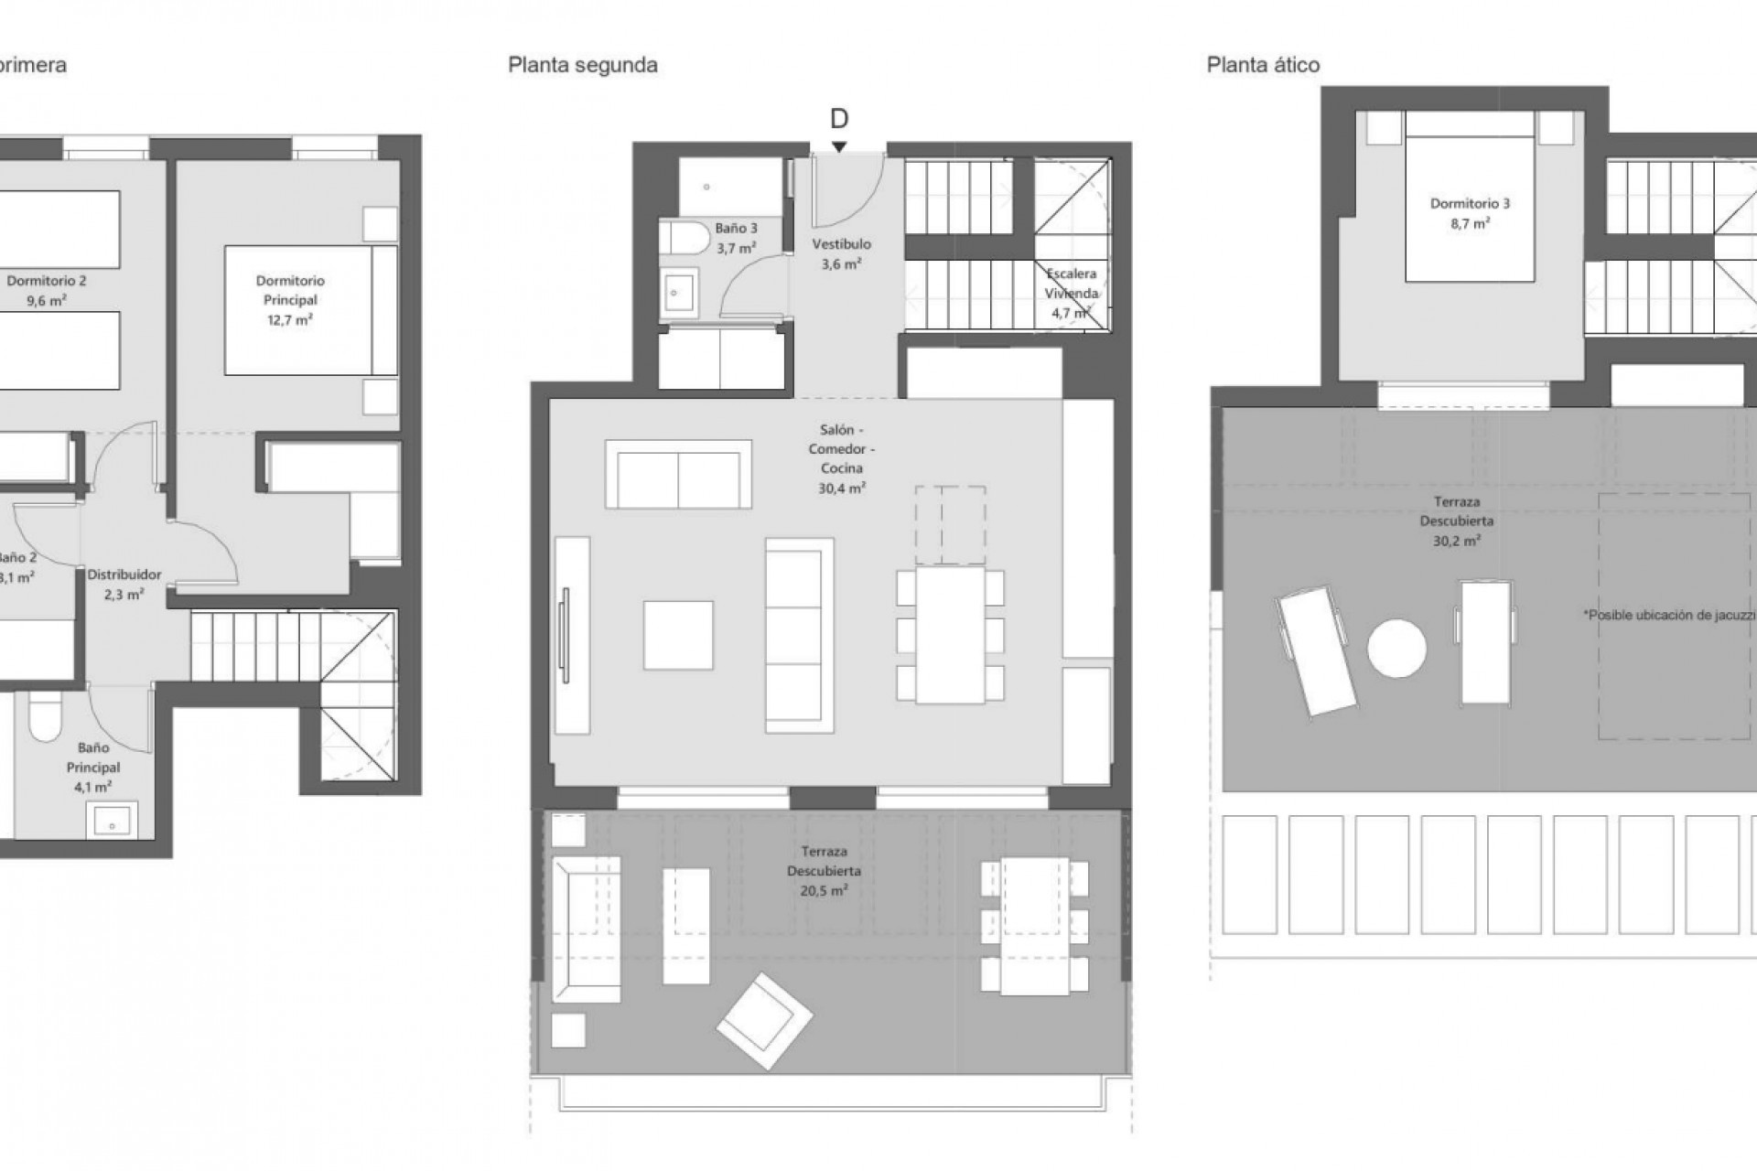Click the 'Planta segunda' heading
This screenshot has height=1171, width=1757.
point(582,65)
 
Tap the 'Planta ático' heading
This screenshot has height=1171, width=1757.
point(1262,65)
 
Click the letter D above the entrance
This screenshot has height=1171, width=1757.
point(838,119)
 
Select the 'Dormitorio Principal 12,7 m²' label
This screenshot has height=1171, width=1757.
point(290,300)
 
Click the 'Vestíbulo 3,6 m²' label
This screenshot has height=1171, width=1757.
point(841,253)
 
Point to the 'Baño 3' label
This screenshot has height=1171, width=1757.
point(736,229)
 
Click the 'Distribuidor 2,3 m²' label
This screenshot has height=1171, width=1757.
point(124,584)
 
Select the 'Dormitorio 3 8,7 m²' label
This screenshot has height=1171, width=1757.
point(1469,213)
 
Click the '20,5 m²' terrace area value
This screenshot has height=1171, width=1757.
point(824,890)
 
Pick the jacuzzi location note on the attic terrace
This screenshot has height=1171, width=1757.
point(1668,616)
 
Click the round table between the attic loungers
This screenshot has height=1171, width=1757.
point(1396,649)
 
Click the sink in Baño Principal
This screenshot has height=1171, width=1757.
point(112,821)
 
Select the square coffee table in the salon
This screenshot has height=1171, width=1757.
point(678,635)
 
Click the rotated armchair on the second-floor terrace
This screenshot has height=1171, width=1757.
point(764,1021)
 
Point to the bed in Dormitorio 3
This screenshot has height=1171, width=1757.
point(1469,209)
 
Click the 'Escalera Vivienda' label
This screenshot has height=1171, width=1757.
point(1071,293)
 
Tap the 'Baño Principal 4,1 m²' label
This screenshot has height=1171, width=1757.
point(92,767)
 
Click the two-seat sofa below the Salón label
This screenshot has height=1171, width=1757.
point(678,475)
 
